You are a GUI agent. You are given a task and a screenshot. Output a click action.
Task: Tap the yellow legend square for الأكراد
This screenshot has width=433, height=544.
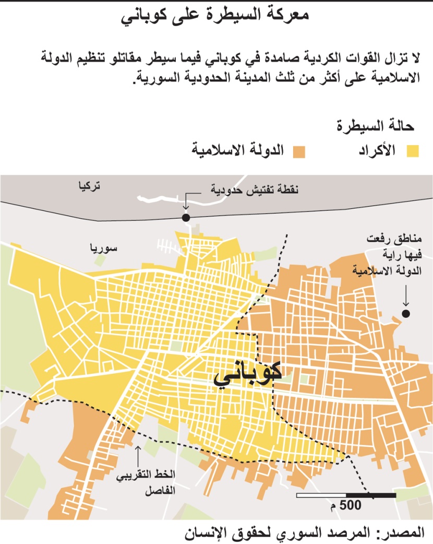point(413,151)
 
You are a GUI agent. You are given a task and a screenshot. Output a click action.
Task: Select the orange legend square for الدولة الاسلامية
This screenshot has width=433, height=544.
point(299,151)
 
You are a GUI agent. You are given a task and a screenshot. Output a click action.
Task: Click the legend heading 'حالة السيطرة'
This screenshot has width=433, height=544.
point(375,126)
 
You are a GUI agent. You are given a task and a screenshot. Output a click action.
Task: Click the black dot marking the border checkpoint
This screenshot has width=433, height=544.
point(186,218)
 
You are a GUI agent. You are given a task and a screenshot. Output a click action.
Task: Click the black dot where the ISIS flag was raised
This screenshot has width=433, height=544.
point(405,313)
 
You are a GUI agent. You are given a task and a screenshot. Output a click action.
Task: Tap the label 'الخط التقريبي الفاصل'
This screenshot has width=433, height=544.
point(154,483)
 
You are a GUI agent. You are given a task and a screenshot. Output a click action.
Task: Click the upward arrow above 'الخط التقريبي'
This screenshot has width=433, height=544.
point(138,455)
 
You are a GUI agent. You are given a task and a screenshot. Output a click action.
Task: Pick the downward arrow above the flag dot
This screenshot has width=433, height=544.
point(405,296)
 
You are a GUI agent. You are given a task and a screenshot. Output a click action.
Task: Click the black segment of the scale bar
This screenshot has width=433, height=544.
point(370,494)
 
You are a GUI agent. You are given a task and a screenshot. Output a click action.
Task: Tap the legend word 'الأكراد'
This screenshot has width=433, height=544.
point(377,151)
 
